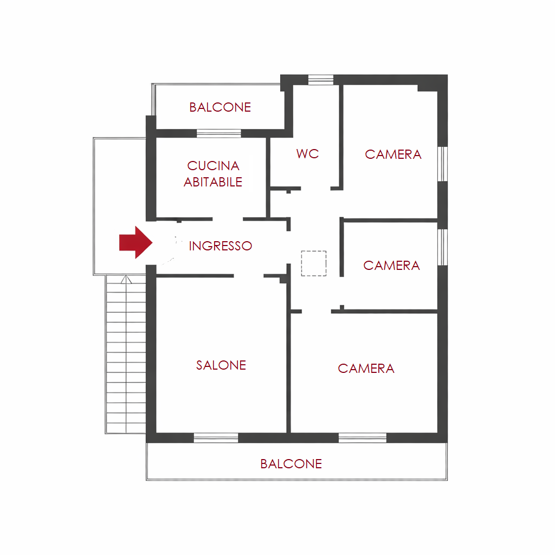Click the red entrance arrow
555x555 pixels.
pos(135,242)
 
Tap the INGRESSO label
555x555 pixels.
pos(220,246)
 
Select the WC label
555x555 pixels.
pos(308,153)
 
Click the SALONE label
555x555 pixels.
pos(221,365)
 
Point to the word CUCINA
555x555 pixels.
pos(213,166)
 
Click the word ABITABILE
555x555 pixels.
pos(212,182)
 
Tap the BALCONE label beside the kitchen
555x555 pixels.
pos(220,107)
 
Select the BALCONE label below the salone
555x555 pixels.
pos(291,464)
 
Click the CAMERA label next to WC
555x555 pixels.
pos(393,154)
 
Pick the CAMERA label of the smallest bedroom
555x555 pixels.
pos(391,266)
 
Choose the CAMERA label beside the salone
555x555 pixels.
pos(366,369)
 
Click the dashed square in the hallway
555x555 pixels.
pos(314,263)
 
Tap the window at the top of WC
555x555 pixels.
pos(321,80)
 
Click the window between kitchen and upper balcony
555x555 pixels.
pos(219,133)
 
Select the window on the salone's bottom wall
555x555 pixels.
pos(216,438)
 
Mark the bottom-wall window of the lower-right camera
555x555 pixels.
pos(363,438)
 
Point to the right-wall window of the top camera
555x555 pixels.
pos(442,164)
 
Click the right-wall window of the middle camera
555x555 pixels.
pos(442,247)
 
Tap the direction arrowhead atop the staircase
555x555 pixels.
pos(126,280)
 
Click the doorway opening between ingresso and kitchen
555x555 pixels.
pos(228,220)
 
